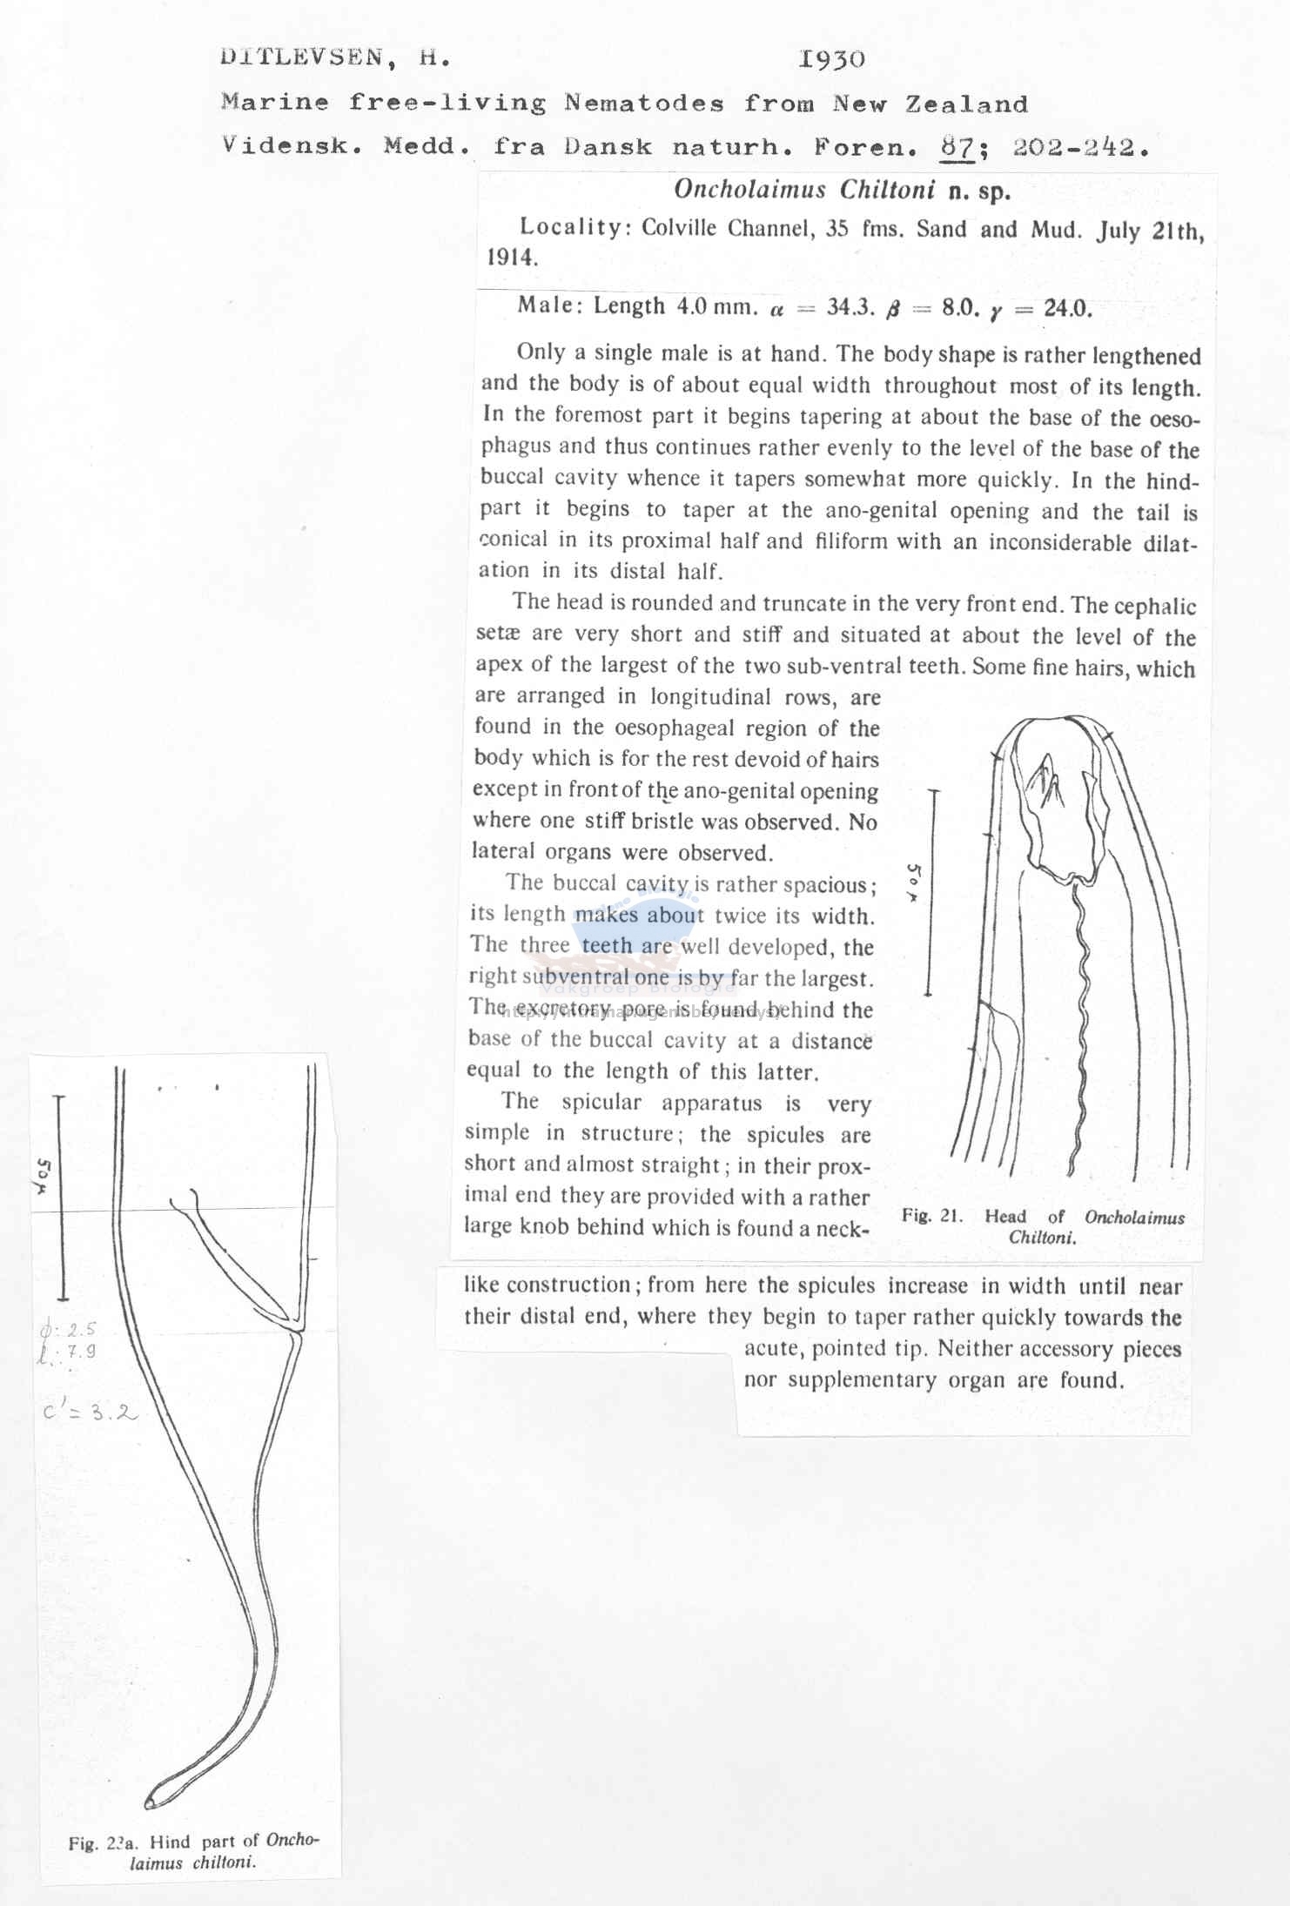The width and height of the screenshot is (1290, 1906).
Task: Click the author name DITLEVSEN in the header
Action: [300, 58]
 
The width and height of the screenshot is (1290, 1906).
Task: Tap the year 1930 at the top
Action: [831, 59]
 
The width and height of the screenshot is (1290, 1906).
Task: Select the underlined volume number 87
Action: [957, 146]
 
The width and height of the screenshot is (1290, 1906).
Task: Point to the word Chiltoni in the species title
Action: [887, 190]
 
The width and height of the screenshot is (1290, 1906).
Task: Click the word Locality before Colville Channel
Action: [570, 227]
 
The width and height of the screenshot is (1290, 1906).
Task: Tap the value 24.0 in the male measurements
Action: [1067, 309]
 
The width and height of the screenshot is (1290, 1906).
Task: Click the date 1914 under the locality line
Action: [513, 258]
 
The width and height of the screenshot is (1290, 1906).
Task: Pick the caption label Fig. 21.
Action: [931, 1216]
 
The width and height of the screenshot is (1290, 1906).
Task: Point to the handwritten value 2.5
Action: [80, 1329]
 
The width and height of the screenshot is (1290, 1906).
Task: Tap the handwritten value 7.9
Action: [80, 1352]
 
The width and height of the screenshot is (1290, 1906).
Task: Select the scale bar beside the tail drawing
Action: [60, 1197]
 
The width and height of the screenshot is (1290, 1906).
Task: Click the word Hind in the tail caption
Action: [169, 1842]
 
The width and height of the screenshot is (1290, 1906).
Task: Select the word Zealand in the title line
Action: [966, 104]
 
